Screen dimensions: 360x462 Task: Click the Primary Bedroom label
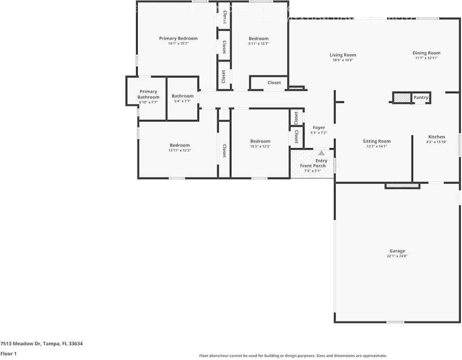(x=178, y=38)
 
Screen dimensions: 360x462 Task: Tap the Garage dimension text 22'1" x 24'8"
(x=397, y=256)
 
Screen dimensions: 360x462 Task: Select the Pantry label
(x=420, y=97)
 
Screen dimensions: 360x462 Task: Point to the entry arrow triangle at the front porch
(x=321, y=153)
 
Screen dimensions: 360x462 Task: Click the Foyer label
(x=319, y=128)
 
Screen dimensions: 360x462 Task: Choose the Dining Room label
(x=426, y=53)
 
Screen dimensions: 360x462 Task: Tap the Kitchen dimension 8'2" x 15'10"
(x=436, y=142)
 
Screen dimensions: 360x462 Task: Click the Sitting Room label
(x=376, y=141)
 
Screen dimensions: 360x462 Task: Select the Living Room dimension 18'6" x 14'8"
(x=342, y=60)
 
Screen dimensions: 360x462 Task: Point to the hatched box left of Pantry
(x=402, y=98)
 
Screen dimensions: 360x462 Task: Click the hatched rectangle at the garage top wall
(x=402, y=186)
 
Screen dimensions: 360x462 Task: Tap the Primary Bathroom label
(x=148, y=94)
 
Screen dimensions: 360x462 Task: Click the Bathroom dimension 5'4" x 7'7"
(x=182, y=101)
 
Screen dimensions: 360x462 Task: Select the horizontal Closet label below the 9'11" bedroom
(x=274, y=83)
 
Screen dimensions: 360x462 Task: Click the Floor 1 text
(x=8, y=354)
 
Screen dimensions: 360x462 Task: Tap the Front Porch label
(x=313, y=166)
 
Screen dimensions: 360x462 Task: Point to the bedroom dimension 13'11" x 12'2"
(x=179, y=150)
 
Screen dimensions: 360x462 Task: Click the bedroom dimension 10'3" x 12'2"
(x=260, y=147)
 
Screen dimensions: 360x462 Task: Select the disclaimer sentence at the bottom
(x=293, y=356)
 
